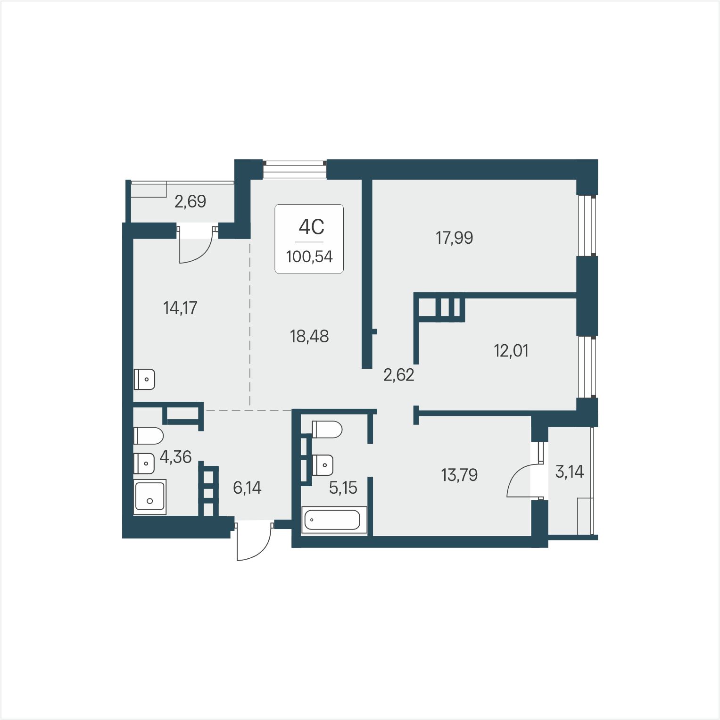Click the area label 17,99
tap(454, 238)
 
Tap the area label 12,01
tap(511, 351)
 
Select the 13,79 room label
tap(459, 475)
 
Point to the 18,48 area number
tap(309, 336)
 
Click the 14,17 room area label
tap(180, 308)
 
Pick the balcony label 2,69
tap(190, 202)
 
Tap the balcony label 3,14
tap(570, 472)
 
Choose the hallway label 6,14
tap(247, 488)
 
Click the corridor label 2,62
tap(399, 375)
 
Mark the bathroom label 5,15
tap(343, 488)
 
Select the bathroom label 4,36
tap(175, 457)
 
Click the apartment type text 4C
tap(311, 227)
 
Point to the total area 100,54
tap(309, 257)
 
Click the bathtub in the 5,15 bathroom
tap(333, 520)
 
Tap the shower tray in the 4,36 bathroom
tap(150, 497)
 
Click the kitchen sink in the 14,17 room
tap(144, 379)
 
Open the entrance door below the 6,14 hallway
tap(254, 541)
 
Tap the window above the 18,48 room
tap(295, 170)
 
